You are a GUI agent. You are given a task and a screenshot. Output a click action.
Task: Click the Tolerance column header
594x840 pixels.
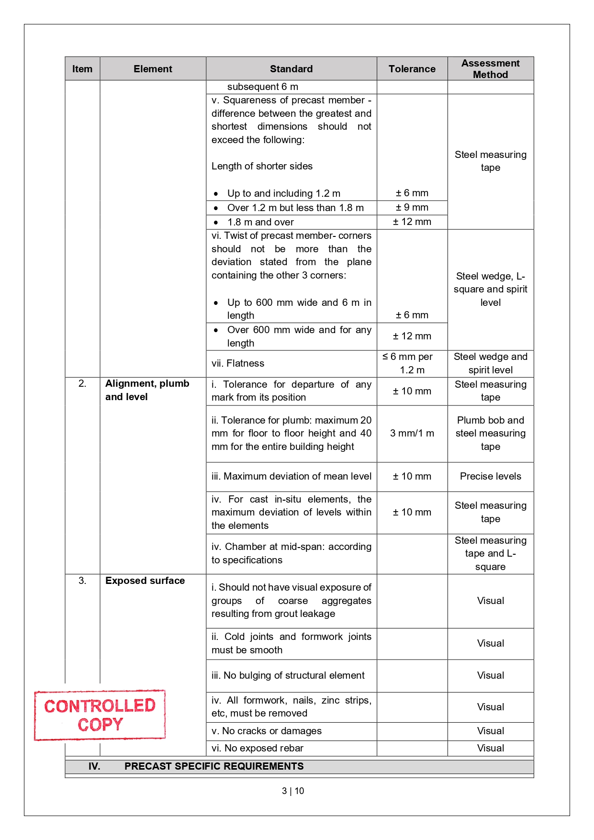(x=412, y=69)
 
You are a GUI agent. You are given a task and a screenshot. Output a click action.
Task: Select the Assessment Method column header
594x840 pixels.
(x=490, y=69)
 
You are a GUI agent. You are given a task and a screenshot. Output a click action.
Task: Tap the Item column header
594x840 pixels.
(x=82, y=69)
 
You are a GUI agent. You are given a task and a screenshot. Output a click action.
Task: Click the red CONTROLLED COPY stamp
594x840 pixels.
(x=100, y=715)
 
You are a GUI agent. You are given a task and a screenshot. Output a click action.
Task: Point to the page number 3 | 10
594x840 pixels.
(x=293, y=791)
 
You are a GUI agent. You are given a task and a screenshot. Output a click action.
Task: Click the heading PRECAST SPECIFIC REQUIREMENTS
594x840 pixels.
(x=213, y=766)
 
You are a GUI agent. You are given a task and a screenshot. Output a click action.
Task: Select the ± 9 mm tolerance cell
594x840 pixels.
(x=412, y=208)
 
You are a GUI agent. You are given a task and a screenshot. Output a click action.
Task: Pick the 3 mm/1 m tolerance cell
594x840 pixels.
(x=412, y=434)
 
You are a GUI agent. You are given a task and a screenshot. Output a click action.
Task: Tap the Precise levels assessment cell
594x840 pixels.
(x=490, y=476)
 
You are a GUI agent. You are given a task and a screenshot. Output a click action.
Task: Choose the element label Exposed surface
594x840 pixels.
(x=145, y=581)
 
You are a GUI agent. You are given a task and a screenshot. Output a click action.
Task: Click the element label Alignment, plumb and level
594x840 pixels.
(x=147, y=390)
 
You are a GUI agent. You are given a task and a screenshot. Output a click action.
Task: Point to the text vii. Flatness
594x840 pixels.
(x=238, y=363)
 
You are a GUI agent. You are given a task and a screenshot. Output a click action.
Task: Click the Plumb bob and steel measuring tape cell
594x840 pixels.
(x=490, y=434)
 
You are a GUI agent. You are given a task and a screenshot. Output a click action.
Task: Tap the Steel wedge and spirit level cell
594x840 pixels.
(x=490, y=363)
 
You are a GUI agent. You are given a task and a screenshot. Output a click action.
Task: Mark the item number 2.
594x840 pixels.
(x=82, y=384)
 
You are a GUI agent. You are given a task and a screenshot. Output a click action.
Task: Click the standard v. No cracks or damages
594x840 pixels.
(x=267, y=731)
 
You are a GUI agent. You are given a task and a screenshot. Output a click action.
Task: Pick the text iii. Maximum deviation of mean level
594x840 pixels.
(x=291, y=476)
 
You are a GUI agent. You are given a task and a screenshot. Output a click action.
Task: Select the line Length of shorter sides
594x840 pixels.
(x=262, y=166)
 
